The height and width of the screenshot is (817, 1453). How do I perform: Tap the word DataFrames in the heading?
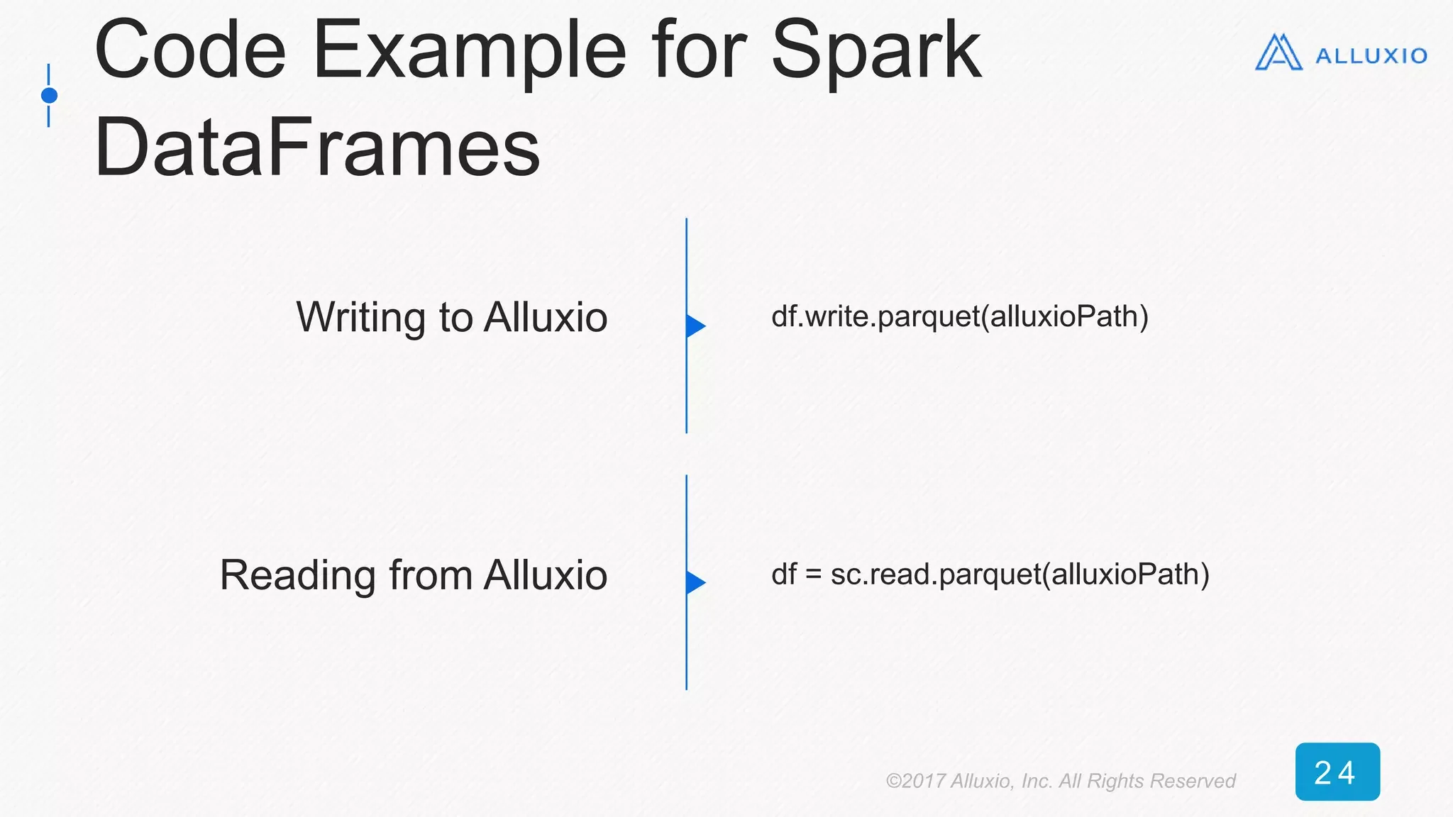tap(317, 148)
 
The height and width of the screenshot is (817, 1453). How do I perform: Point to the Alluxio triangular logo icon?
tap(1278, 53)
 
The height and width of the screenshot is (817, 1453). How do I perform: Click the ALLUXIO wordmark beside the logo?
tap(1371, 56)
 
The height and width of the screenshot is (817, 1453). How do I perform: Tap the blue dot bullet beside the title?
tap(49, 95)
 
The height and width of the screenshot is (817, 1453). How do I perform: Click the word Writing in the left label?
tap(362, 317)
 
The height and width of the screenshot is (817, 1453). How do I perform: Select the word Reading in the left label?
tap(297, 575)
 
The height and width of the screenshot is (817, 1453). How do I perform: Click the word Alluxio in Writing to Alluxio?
tap(546, 317)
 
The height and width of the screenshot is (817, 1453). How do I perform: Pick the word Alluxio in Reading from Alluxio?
tap(546, 575)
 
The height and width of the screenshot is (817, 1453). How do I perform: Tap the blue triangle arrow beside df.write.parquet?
tap(695, 326)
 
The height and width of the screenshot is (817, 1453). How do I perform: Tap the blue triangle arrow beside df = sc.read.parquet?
tap(695, 582)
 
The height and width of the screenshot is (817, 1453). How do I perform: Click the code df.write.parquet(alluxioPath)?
tap(959, 316)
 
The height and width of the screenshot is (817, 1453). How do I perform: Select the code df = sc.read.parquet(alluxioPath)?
tap(990, 574)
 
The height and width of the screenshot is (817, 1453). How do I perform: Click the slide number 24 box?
tap(1337, 772)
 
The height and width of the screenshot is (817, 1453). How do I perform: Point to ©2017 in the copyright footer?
tap(915, 781)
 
